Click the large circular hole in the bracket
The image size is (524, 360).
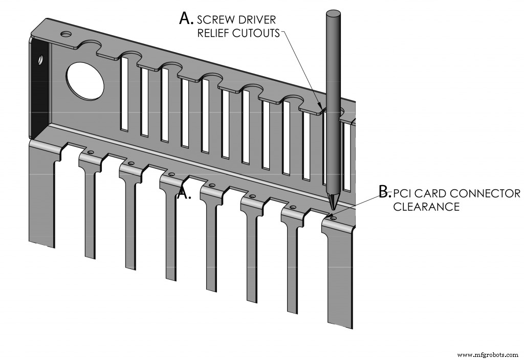(85, 81)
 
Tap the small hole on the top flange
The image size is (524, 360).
(66, 34)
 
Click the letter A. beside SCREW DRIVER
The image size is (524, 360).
(186, 19)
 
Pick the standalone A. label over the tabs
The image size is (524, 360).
(184, 193)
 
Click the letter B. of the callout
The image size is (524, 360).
(385, 192)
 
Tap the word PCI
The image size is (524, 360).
(404, 193)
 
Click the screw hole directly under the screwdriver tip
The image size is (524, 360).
(334, 218)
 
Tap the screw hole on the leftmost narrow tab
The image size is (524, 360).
(91, 152)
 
